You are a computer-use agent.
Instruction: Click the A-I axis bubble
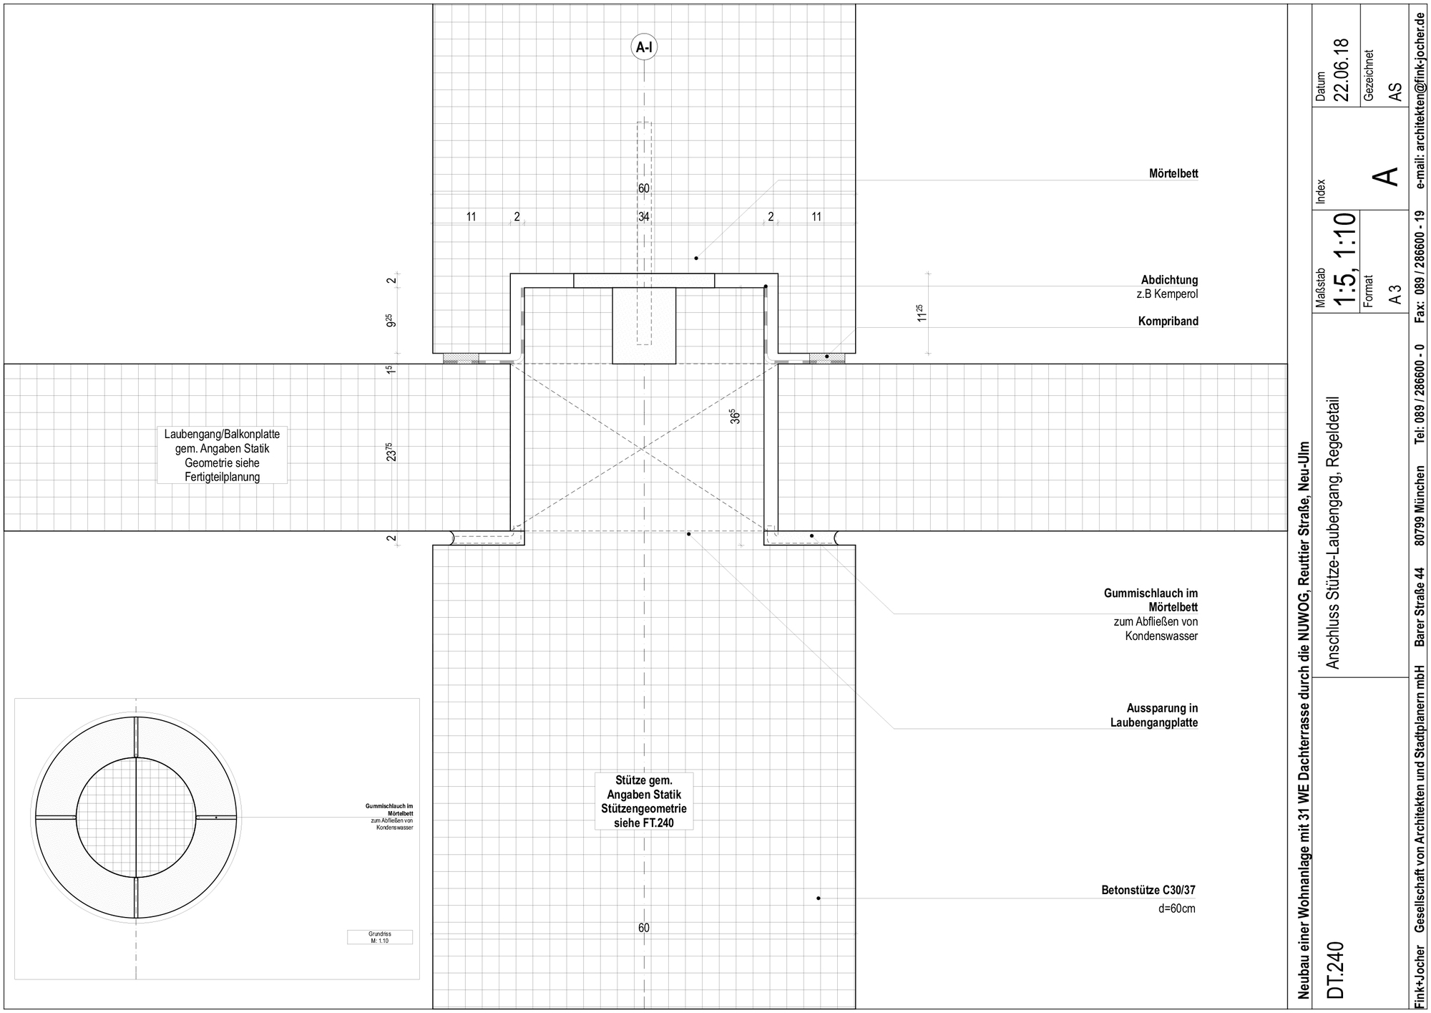644,47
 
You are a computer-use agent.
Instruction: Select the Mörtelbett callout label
1173,174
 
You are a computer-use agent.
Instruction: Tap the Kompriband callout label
1168,321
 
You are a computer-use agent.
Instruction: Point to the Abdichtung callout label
1169,281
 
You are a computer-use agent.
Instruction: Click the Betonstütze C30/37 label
1148,891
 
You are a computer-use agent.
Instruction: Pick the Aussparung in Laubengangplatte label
1153,716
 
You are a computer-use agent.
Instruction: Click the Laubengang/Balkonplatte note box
222,455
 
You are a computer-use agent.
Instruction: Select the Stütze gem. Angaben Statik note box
644,801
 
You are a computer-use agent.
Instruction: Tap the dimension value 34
644,216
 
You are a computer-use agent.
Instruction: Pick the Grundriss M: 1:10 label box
379,937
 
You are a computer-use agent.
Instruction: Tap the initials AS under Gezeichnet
1395,92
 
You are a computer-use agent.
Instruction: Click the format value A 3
1395,294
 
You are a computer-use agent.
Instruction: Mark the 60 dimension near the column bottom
644,928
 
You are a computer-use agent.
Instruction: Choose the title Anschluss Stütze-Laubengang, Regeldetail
1332,533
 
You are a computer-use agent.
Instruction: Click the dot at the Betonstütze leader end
819,898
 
